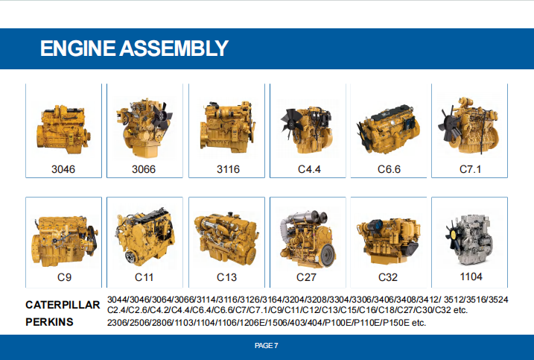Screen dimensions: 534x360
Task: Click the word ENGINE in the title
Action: pyautogui.click(x=78, y=48)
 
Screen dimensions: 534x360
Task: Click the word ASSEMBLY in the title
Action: pyautogui.click(x=174, y=48)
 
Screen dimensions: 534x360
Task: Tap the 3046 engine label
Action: pyautogui.click(x=63, y=169)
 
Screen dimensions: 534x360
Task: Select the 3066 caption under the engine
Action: pyautogui.click(x=144, y=169)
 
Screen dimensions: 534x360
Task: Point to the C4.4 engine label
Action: pyautogui.click(x=309, y=169)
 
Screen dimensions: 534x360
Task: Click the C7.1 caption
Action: pyautogui.click(x=470, y=169)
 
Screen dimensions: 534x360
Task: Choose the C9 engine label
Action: pyautogui.click(x=64, y=277)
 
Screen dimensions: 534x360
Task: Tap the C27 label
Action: pyautogui.click(x=306, y=277)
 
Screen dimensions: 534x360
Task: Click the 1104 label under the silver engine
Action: pyautogui.click(x=471, y=277)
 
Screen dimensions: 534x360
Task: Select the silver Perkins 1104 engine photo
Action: pyautogui.click(x=469, y=240)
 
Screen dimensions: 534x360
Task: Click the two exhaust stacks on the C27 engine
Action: pyautogui.click(x=317, y=217)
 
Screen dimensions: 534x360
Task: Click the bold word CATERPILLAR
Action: pyautogui.click(x=63, y=305)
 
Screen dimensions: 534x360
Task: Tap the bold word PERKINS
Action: pyautogui.click(x=49, y=322)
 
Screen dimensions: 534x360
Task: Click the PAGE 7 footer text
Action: pyautogui.click(x=267, y=346)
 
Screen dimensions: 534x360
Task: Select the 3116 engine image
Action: pyautogui.click(x=227, y=127)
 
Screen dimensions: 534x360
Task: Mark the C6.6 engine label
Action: pyautogui.click(x=389, y=169)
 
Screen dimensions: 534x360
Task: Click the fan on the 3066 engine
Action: pyautogui.click(x=162, y=116)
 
